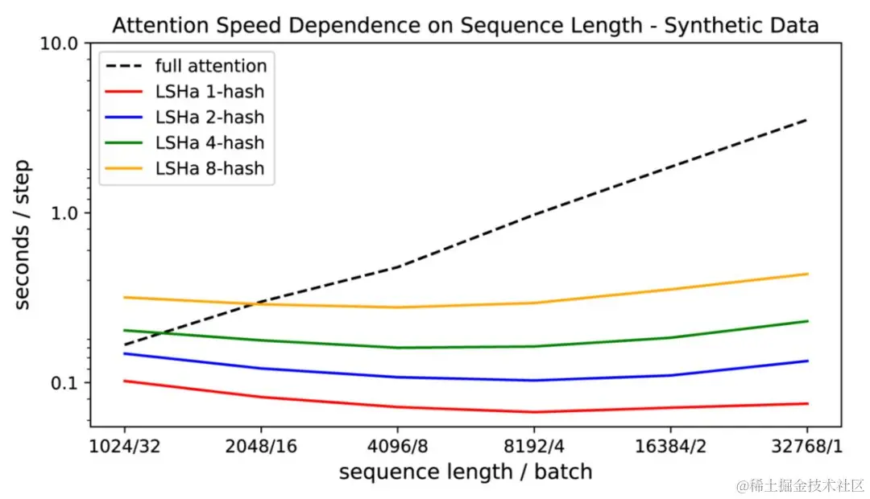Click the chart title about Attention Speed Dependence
click(x=465, y=25)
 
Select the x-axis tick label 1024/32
click(x=124, y=445)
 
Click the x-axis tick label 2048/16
click(x=260, y=445)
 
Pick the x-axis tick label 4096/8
click(x=397, y=445)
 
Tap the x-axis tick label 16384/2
click(x=671, y=445)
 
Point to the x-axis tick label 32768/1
click(x=808, y=445)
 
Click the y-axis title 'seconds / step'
click(x=23, y=234)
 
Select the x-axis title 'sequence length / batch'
click(x=466, y=472)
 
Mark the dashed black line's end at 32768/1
click(x=807, y=120)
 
